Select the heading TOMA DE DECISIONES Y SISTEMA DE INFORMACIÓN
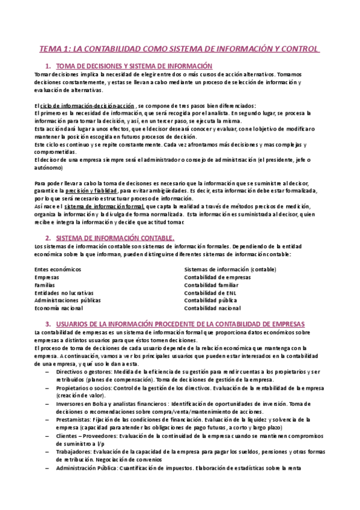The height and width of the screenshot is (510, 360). [x=134, y=65]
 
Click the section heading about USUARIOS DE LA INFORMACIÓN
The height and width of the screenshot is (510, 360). [x=180, y=324]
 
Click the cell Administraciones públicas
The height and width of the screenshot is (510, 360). [x=68, y=300]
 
